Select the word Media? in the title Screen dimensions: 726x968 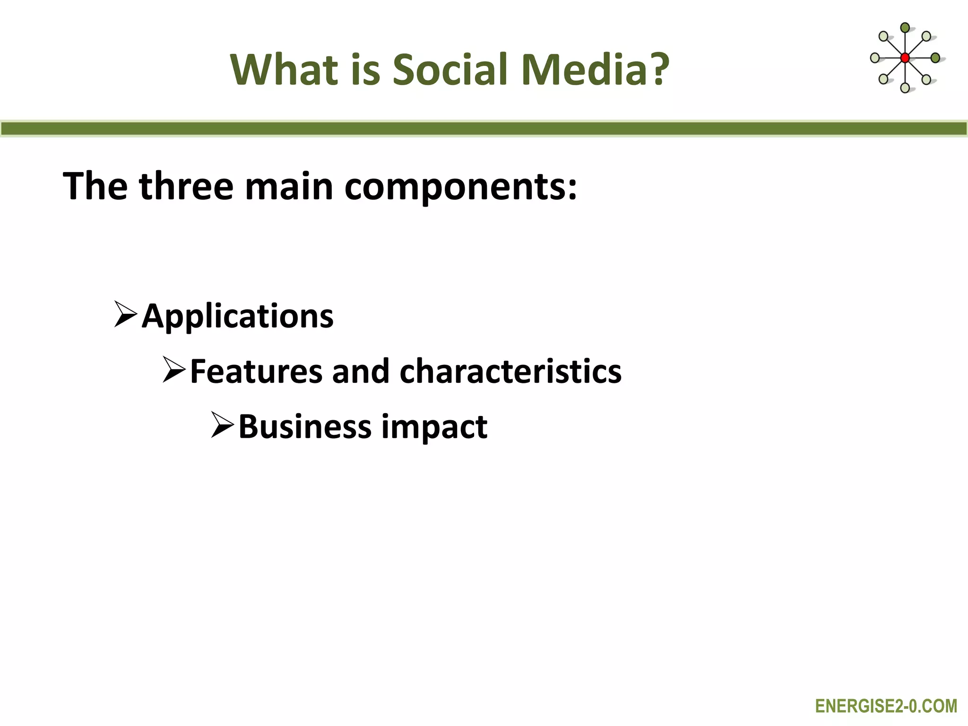click(596, 69)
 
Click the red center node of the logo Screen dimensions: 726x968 click(905, 58)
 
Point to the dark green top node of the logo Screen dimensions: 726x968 click(905, 27)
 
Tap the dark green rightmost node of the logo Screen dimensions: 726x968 click(935, 58)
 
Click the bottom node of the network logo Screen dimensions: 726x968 click(905, 87)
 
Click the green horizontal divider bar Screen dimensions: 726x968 click(484, 129)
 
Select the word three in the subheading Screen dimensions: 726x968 click(186, 186)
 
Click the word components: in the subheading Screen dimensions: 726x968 click(461, 186)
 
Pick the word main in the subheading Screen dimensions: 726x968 click(289, 186)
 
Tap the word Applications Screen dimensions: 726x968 click(238, 316)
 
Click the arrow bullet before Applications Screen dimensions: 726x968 click(125, 315)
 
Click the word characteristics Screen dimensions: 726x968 click(510, 371)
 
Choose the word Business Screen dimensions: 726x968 click(305, 426)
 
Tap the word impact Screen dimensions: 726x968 click(434, 426)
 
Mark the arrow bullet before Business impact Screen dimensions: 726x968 click(222, 425)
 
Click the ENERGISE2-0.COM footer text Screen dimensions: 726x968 click(886, 706)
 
